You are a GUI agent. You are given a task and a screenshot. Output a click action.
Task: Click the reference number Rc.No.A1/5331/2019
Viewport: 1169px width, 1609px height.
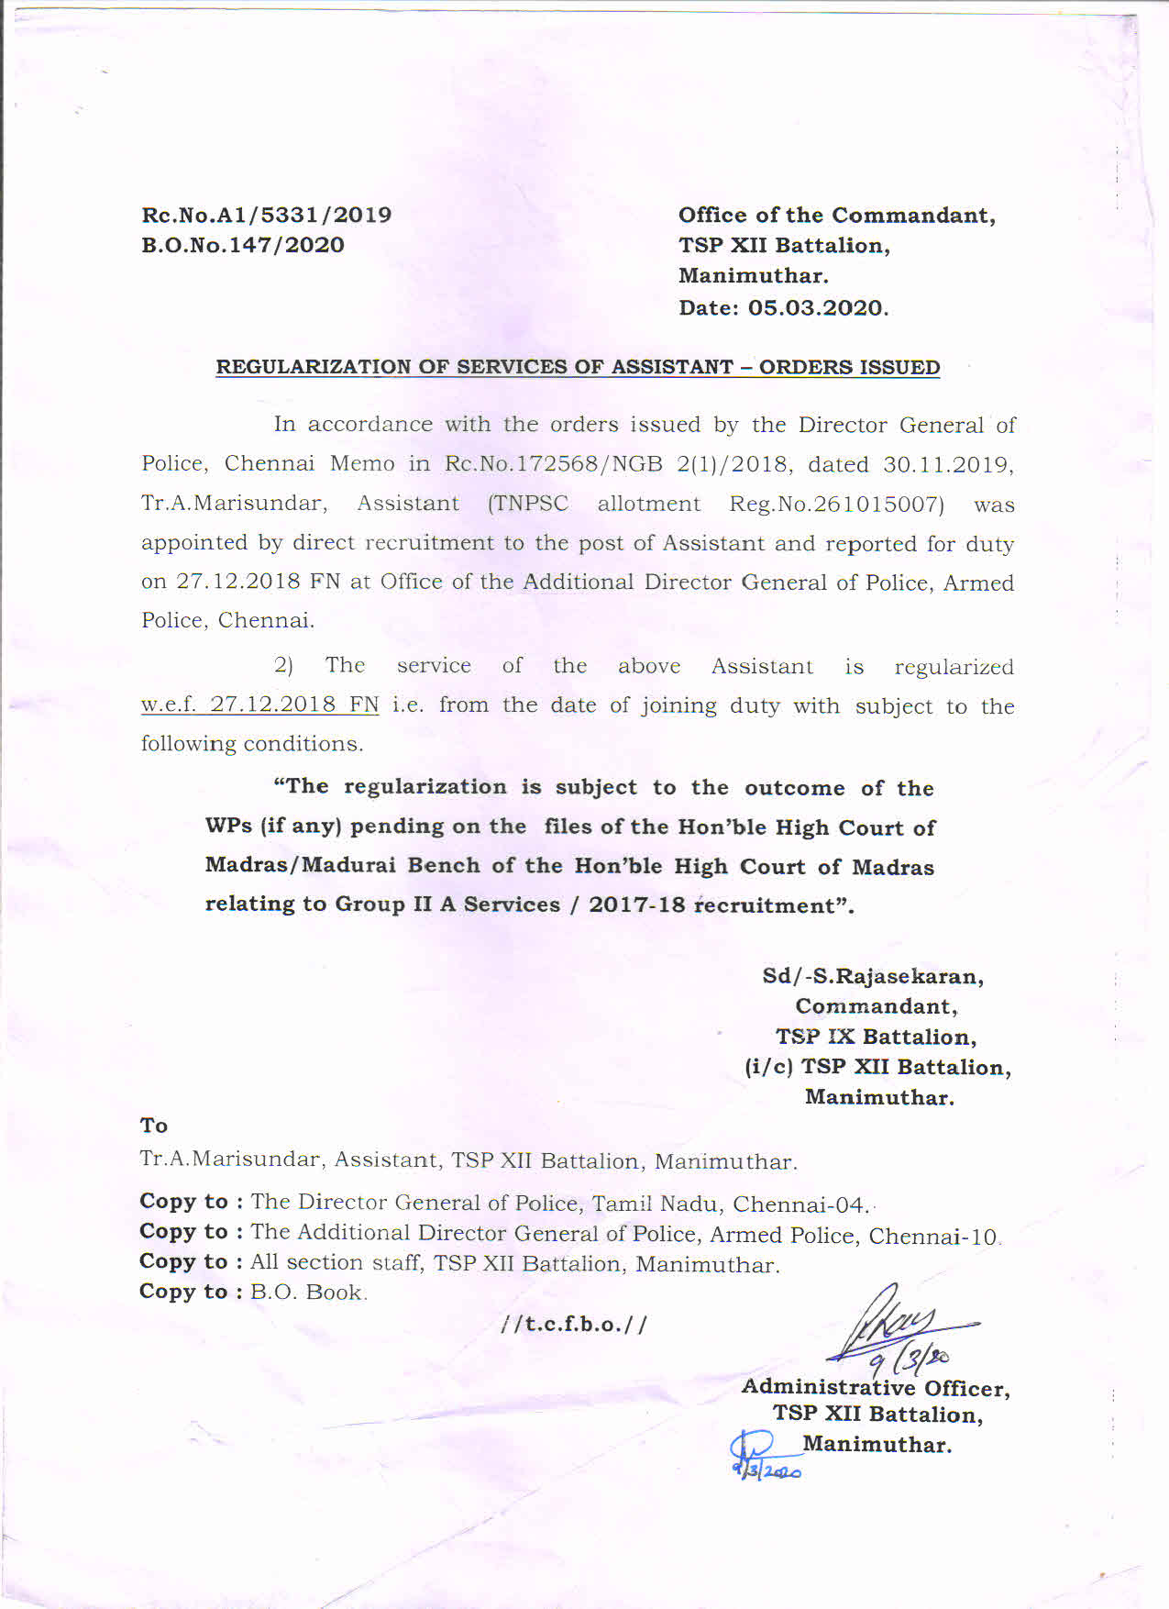[266, 215]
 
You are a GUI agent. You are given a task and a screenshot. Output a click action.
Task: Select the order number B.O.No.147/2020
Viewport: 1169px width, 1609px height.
[242, 245]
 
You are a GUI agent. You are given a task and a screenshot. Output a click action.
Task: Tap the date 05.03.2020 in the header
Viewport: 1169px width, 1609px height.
[817, 307]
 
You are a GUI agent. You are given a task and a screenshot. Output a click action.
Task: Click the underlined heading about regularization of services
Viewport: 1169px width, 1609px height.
[578, 367]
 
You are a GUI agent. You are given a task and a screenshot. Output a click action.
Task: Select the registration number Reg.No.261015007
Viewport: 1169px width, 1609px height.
[836, 504]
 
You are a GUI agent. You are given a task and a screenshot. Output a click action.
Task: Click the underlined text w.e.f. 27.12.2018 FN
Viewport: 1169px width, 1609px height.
[259, 705]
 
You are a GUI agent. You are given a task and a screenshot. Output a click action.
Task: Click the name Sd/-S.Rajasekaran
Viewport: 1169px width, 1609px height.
[873, 976]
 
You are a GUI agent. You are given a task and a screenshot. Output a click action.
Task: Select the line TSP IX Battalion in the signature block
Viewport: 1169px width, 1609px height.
[876, 1037]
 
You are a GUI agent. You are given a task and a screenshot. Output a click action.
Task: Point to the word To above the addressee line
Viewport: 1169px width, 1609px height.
[153, 1126]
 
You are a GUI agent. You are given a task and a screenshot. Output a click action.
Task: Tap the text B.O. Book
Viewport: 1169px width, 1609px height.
[307, 1293]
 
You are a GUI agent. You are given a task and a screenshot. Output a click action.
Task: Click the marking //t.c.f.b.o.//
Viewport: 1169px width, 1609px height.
[574, 1325]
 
